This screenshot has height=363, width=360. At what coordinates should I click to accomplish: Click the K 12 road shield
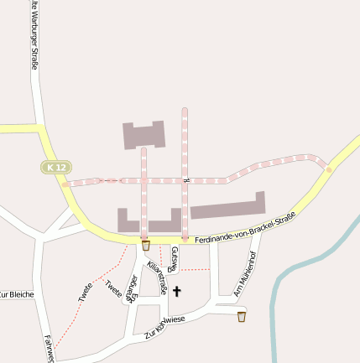click(x=55, y=168)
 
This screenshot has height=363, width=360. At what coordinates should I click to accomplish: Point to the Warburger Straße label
click(x=34, y=38)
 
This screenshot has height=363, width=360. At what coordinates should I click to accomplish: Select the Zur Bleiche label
click(x=16, y=294)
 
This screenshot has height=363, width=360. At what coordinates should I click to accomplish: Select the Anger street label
click(x=133, y=287)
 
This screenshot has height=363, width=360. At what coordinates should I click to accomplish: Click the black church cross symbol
click(x=177, y=293)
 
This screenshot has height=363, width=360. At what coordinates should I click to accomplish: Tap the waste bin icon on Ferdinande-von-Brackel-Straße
click(x=146, y=246)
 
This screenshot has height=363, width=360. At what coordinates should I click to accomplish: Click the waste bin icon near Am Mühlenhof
click(x=242, y=316)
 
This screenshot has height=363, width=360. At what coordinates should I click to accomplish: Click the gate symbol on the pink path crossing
click(x=185, y=179)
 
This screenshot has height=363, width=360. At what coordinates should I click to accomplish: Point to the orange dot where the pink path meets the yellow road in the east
click(x=328, y=169)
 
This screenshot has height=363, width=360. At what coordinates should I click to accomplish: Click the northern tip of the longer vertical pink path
click(x=185, y=110)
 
